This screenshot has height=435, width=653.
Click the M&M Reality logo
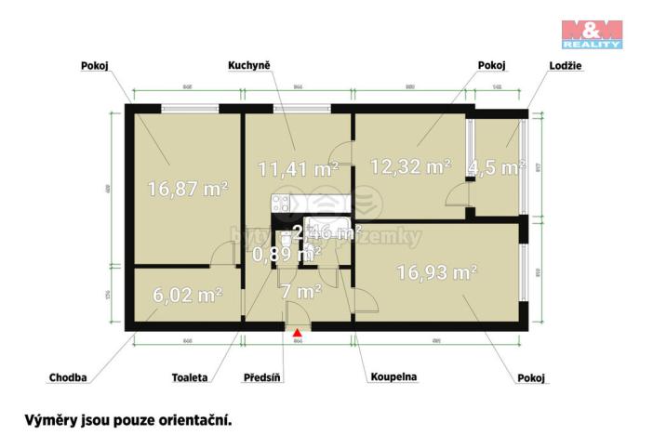point(592,33)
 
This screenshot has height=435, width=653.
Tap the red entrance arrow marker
point(297,333)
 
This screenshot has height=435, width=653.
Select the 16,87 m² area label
point(189,189)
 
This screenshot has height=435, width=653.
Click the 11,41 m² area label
point(298,169)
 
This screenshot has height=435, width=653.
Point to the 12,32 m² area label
point(410,167)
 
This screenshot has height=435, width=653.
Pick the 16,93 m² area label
point(436,272)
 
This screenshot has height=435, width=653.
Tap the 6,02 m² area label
point(187,296)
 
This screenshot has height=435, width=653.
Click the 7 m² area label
point(301,292)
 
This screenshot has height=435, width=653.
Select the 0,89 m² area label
point(287,252)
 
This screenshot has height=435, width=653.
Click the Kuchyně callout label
point(248,66)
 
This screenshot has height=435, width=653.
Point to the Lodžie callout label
point(540,66)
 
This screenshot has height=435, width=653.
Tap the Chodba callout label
point(68,378)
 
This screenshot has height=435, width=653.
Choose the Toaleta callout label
point(191,378)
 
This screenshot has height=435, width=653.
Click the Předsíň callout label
point(261,378)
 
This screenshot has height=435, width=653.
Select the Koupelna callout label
point(393,378)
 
